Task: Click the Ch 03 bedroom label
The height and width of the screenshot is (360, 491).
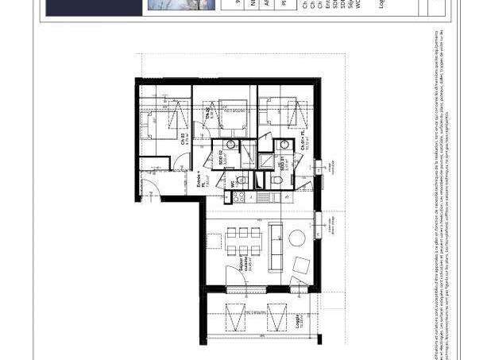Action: tap(184, 137)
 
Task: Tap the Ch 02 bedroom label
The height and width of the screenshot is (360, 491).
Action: tap(208, 114)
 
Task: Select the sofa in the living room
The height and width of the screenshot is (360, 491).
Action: tap(276, 244)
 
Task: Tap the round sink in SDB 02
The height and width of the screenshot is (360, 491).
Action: tap(230, 145)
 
